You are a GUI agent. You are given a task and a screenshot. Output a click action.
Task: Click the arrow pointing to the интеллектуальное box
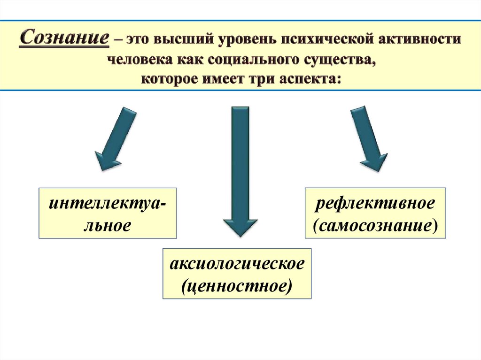click(x=116, y=139)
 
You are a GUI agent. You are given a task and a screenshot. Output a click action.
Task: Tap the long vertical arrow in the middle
click(x=240, y=172)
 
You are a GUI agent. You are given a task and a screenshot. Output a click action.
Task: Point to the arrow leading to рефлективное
click(x=369, y=139)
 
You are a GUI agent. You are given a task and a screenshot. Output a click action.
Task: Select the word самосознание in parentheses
click(x=375, y=226)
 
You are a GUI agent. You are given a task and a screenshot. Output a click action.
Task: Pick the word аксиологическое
click(x=237, y=264)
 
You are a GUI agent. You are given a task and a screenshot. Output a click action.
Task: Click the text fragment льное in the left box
click(x=108, y=226)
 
